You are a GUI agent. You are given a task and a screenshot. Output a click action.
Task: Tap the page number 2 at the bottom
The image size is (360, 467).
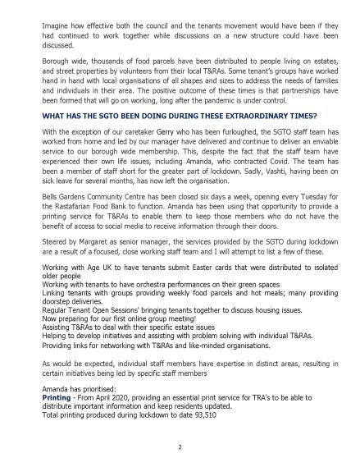[x=180, y=447]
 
